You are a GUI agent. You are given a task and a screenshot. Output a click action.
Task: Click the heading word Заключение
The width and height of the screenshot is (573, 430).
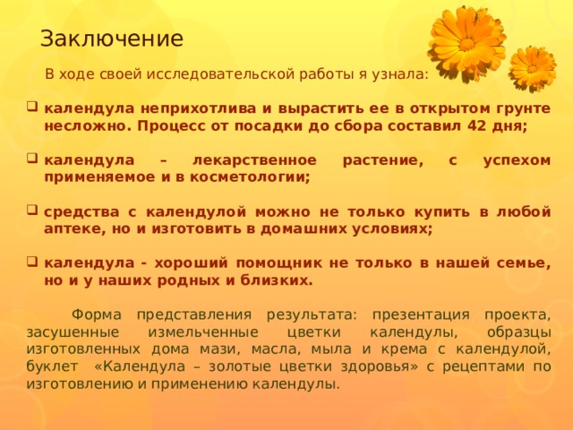[x=112, y=39]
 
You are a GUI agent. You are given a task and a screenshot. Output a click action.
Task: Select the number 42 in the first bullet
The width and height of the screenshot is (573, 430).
[x=475, y=126]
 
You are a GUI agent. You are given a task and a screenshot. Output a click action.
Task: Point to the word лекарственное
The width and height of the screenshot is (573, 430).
[x=254, y=160]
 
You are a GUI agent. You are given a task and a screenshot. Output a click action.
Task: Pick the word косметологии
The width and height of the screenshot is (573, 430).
[x=250, y=177]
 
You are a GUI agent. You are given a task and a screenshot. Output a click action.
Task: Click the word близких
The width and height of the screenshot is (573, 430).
[x=277, y=280]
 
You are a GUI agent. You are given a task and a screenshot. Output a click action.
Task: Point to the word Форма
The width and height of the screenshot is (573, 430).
[x=97, y=314]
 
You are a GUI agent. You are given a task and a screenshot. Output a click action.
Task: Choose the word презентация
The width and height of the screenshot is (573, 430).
[x=421, y=314]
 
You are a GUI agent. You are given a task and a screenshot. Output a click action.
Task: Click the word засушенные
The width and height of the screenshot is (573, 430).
[x=73, y=332]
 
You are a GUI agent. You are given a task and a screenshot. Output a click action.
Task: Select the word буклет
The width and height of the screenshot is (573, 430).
[x=52, y=366]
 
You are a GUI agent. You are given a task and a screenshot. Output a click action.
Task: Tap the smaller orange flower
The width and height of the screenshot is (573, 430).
[x=533, y=68]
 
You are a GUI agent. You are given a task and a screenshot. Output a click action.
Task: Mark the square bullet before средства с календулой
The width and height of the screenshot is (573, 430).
[x=32, y=211]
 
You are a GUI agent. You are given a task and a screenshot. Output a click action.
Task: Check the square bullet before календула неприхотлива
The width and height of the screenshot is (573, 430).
[x=32, y=107]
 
